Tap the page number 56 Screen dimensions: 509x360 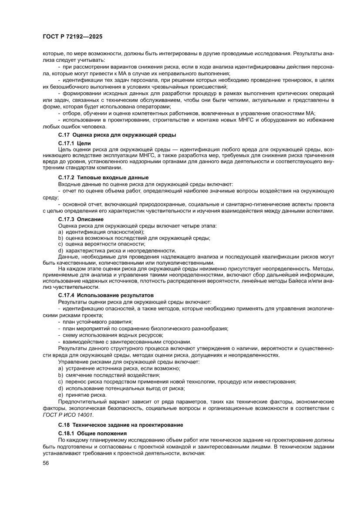click(46, 475)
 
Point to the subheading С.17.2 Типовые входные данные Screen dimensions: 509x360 click(103, 177)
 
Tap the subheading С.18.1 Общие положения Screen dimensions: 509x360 click(92, 434)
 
